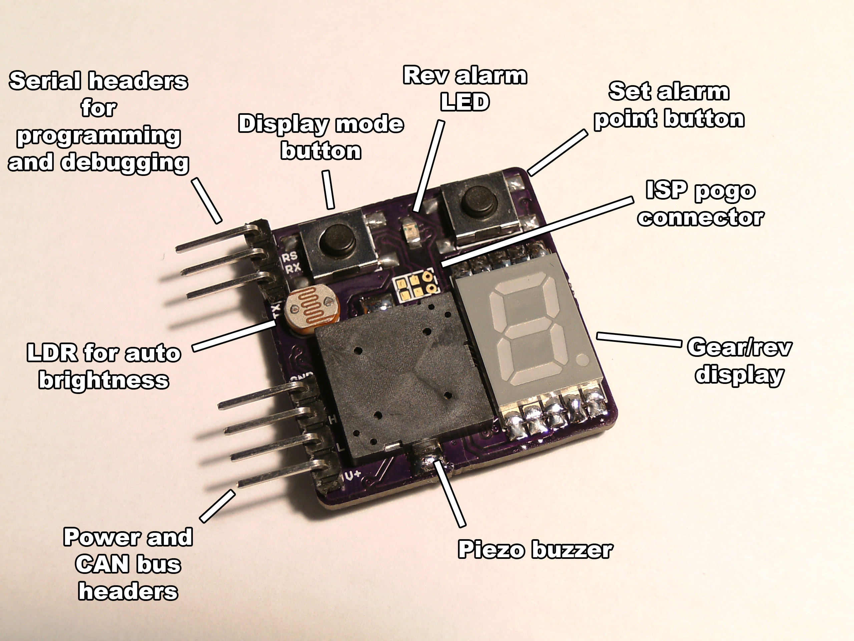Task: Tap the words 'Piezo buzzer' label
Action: [535, 550]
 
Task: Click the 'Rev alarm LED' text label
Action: [465, 88]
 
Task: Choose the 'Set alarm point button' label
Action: [669, 105]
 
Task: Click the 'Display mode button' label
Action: [321, 137]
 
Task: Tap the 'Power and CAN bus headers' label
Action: [128, 565]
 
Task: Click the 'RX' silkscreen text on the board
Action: [292, 267]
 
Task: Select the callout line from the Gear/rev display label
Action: [639, 340]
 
